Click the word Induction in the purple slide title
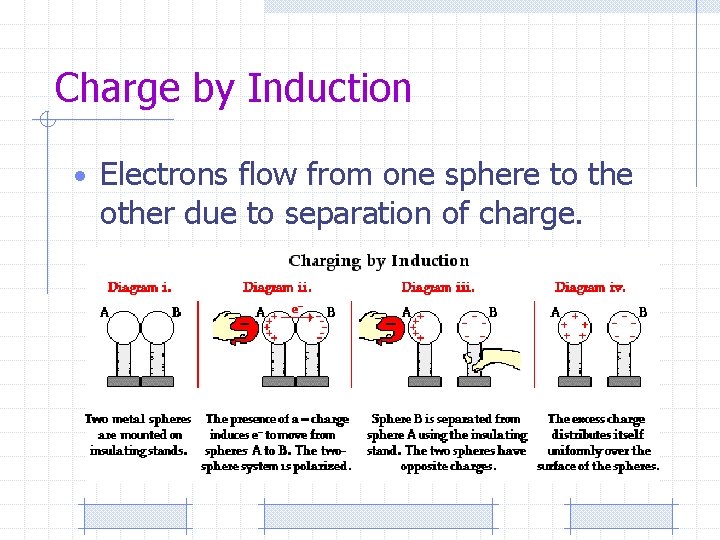329,88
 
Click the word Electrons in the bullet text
165,175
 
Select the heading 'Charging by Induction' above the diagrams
378,261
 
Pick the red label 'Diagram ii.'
277,287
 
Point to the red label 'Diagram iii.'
438,287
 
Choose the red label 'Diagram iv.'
590,287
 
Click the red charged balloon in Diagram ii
237,330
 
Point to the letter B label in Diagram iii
492,312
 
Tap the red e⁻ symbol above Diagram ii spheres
296,309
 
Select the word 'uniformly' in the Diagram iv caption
583,450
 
